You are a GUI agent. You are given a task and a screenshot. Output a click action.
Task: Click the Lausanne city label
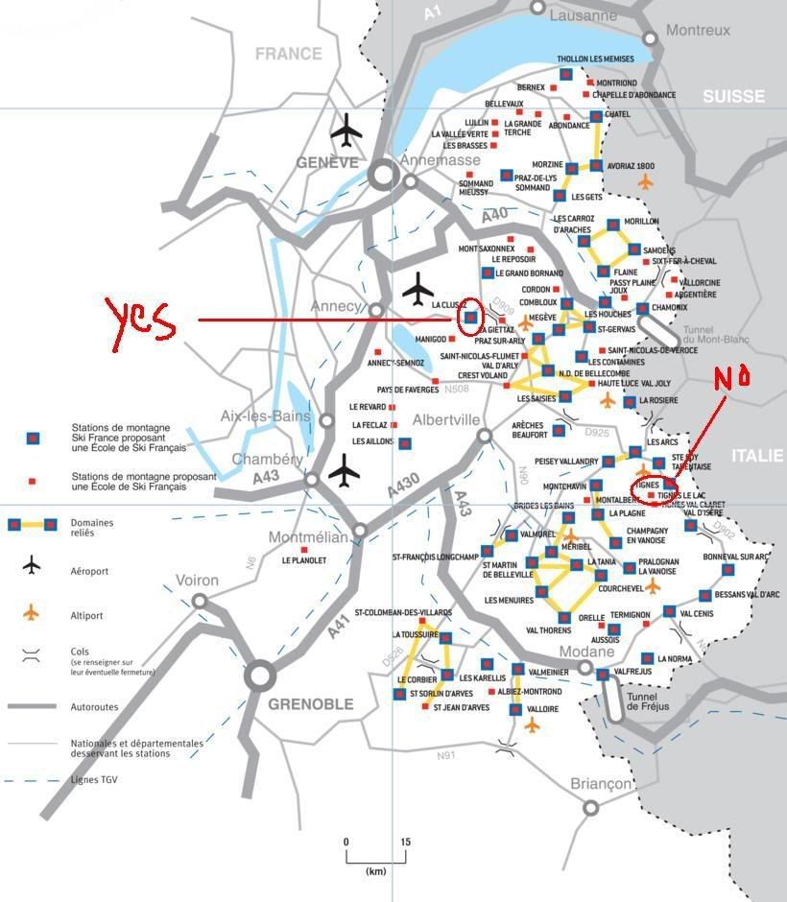tap(584, 15)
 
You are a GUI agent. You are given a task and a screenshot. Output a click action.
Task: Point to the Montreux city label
tap(698, 31)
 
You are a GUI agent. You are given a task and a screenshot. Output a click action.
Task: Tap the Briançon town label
tap(602, 784)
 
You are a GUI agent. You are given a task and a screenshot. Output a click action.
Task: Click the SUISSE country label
tap(733, 96)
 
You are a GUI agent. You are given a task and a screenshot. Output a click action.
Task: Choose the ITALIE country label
tap(757, 456)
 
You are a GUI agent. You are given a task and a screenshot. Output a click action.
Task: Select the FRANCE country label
tap(288, 55)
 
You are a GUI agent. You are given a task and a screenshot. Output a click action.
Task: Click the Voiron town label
tap(198, 581)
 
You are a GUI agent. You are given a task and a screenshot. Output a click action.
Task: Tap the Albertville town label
tap(445, 420)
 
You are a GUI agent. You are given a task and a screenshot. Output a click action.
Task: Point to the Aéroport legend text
tap(89, 571)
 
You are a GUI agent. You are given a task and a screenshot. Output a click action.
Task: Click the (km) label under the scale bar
tap(375, 871)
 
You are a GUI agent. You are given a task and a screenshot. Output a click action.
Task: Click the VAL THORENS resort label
tap(548, 630)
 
